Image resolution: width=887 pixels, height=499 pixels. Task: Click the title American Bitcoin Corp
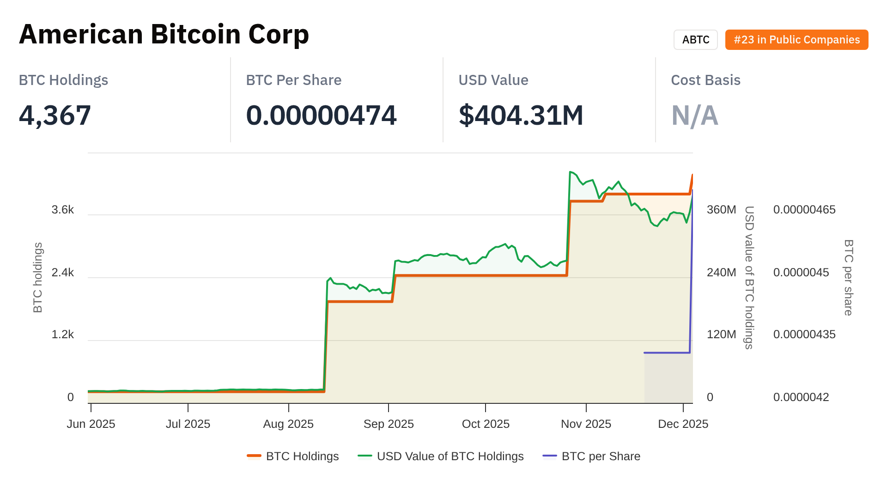(164, 35)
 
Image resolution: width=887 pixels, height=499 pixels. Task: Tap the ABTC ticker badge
(695, 40)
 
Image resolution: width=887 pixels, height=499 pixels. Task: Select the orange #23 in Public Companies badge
(796, 40)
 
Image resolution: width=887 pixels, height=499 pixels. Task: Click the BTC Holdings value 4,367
(55, 115)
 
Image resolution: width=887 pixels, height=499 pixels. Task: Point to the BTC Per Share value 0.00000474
(321, 115)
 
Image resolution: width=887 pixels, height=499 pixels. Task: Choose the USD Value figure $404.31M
(521, 115)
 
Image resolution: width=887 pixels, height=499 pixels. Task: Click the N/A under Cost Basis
(694, 115)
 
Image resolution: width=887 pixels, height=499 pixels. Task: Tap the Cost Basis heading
(705, 80)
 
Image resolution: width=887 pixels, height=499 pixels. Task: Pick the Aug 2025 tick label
(288, 424)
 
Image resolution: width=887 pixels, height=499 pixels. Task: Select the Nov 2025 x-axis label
(586, 424)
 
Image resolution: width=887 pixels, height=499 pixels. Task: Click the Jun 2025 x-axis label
(91, 424)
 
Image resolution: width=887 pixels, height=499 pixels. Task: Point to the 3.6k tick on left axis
(63, 210)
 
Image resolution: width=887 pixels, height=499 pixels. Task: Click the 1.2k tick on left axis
(63, 334)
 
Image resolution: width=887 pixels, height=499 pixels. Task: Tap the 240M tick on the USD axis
(721, 272)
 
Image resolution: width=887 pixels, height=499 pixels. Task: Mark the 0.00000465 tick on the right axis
(804, 210)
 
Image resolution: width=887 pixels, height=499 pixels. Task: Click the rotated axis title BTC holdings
(38, 277)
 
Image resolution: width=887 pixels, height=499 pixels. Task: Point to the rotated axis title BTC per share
(849, 277)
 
